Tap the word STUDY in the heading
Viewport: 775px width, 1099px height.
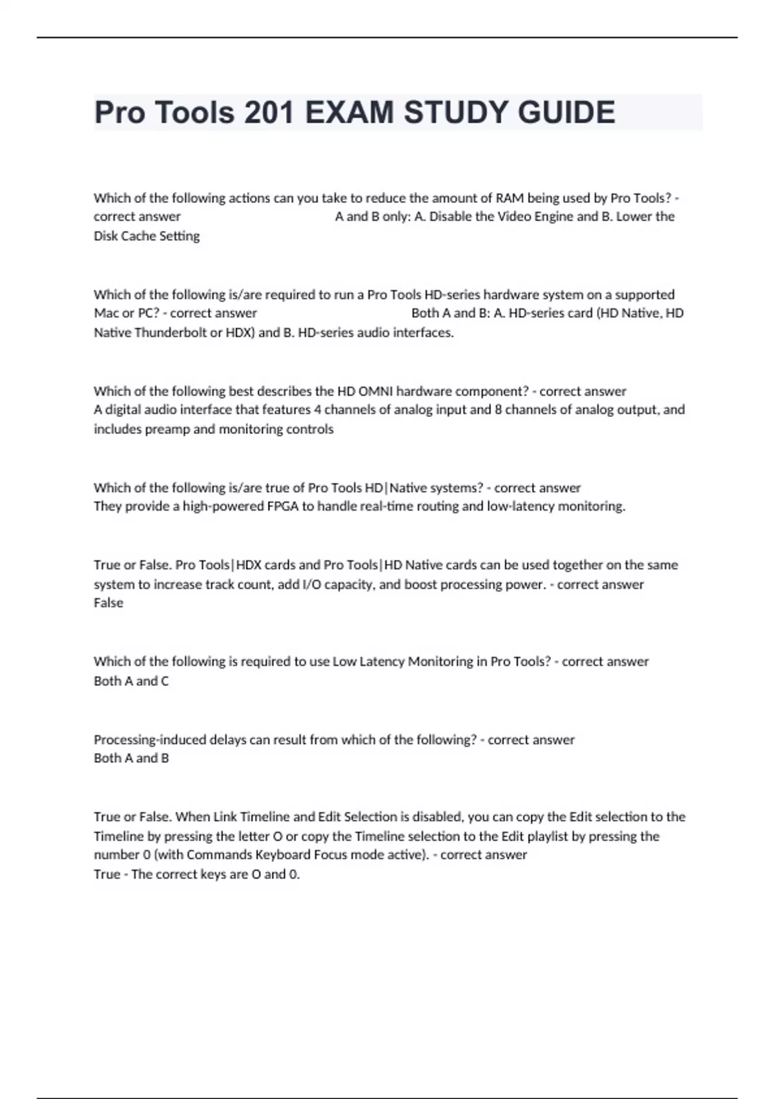455,112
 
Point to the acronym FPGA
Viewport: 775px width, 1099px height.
283,506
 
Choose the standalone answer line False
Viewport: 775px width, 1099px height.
108,603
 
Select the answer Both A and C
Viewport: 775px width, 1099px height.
131,681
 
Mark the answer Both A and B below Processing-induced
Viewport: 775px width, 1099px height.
131,758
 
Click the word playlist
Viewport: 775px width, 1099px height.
544,836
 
